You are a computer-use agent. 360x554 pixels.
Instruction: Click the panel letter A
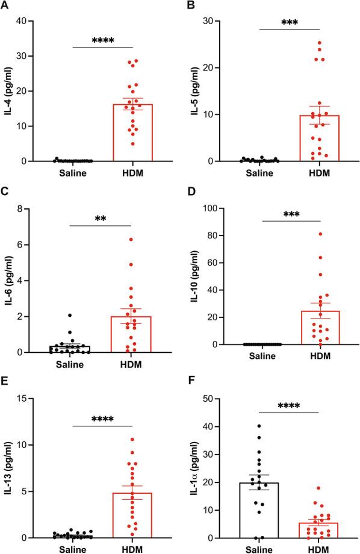[x=5, y=5]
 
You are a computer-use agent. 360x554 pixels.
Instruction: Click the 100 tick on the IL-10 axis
[x=206, y=209]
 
